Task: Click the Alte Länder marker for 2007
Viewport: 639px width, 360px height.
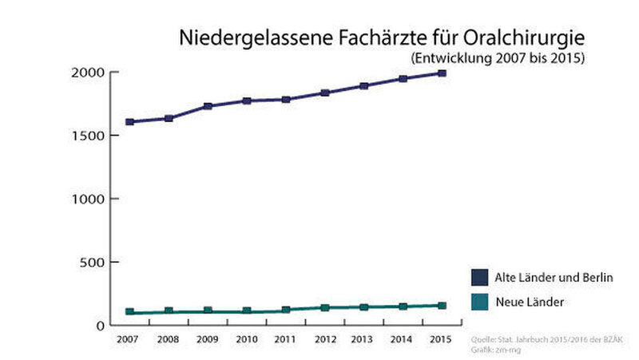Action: click(129, 122)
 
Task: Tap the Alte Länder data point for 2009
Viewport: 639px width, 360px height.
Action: click(208, 105)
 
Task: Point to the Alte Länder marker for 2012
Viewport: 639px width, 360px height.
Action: click(324, 93)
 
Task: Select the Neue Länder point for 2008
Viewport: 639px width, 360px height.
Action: click(169, 311)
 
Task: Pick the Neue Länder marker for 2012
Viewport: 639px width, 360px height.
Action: click(324, 307)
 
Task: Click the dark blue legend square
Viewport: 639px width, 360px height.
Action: click(479, 277)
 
